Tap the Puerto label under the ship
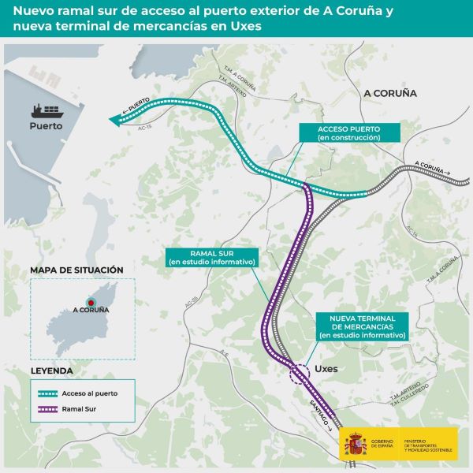[46, 126]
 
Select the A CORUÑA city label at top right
[389, 93]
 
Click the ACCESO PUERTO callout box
[348, 132]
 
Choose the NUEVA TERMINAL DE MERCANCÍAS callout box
[363, 326]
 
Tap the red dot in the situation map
[91, 301]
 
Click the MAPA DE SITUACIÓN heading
[76, 270]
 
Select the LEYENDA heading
[51, 370]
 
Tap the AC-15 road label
[144, 127]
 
